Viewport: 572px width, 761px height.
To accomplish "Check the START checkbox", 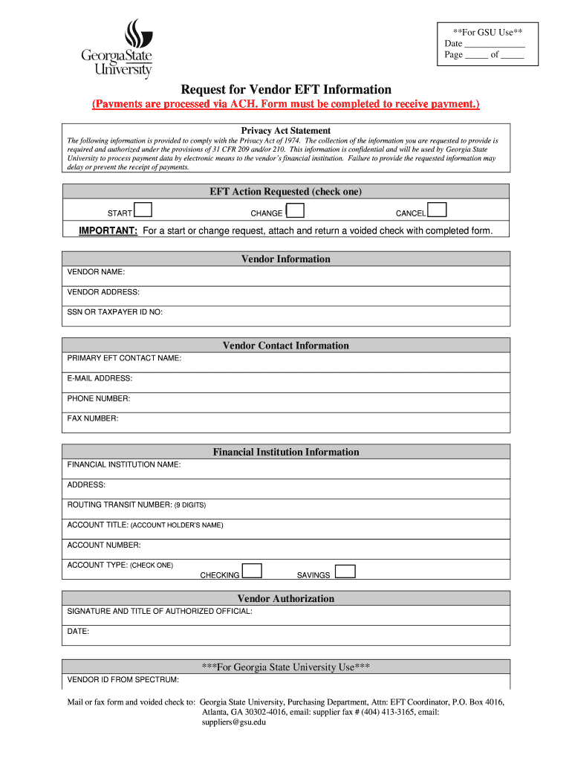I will [143, 212].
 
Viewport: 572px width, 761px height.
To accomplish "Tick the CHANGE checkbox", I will [295, 212].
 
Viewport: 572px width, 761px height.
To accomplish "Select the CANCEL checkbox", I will [438, 212].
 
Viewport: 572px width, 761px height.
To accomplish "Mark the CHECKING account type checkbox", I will [253, 571].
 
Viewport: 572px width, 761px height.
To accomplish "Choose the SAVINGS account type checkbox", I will [345, 571].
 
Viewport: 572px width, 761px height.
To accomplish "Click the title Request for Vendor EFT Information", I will [286, 90].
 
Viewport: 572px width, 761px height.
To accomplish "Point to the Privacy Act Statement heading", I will [286, 131].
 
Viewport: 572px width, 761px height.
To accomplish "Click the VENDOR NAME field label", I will [96, 272].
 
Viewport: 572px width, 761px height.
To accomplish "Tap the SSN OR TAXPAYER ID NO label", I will [114, 312].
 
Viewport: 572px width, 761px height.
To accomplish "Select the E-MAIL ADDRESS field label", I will [100, 378].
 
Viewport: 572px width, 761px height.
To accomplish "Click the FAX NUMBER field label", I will [93, 418].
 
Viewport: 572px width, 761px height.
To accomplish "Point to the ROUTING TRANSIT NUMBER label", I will [136, 505].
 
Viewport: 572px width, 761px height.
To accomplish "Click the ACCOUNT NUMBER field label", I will [103, 545].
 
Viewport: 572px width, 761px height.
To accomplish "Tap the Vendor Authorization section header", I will [286, 598].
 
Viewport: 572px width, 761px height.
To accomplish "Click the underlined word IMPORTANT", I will [108, 230].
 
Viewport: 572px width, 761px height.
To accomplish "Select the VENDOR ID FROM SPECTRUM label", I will [123, 679].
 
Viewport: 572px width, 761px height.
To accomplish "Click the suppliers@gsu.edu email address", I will [233, 722].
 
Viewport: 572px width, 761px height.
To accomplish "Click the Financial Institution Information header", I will [286, 452].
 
